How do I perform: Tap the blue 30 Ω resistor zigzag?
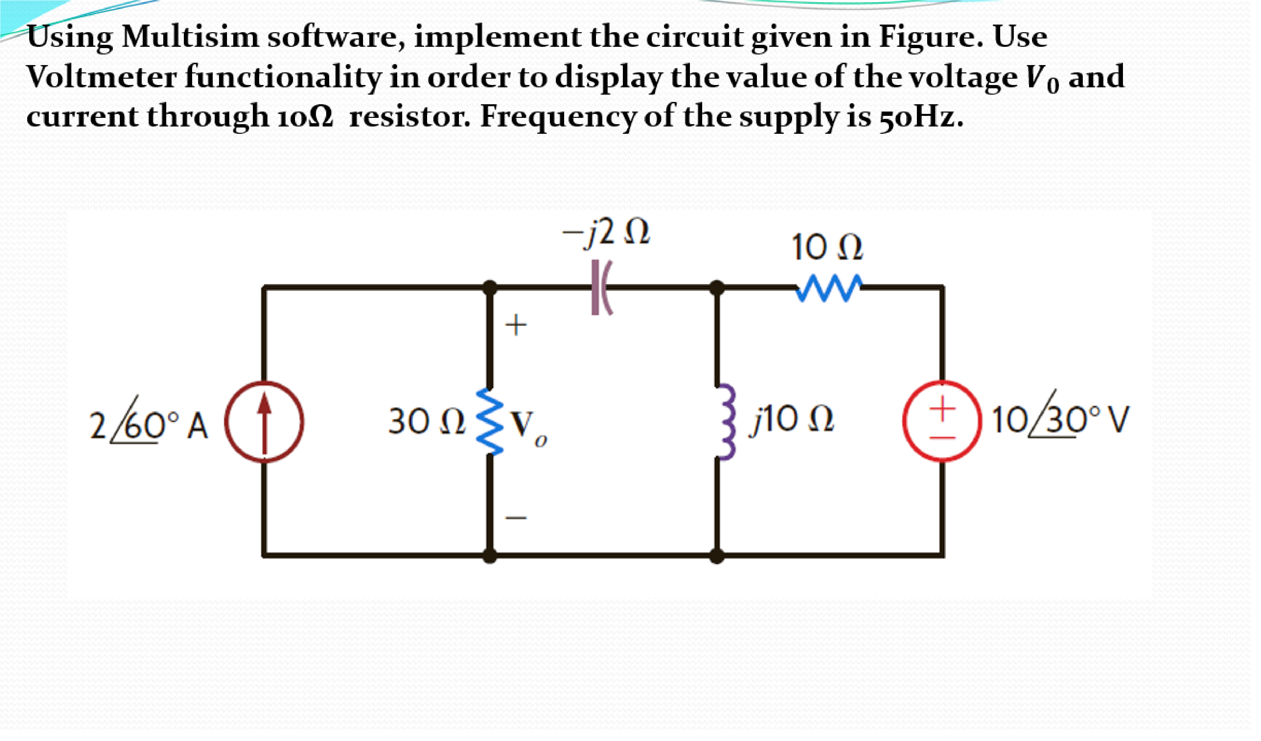[491, 422]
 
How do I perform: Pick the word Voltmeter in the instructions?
[102, 77]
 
